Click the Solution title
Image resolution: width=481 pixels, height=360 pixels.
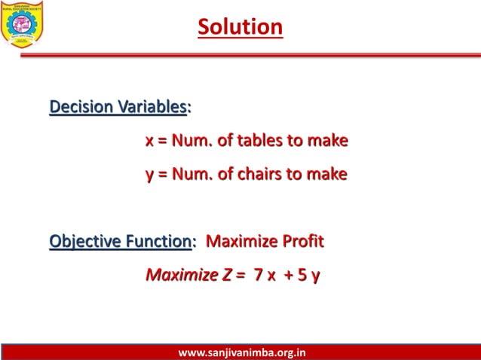240,27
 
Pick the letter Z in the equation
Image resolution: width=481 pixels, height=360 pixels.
227,275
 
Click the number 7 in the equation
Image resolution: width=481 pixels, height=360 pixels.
259,275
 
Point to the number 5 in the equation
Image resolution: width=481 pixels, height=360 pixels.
302,275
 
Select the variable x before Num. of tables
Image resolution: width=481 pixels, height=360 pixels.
149,142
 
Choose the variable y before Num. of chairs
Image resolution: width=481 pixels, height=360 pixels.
149,175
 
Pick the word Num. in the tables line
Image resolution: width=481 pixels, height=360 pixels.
193,141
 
